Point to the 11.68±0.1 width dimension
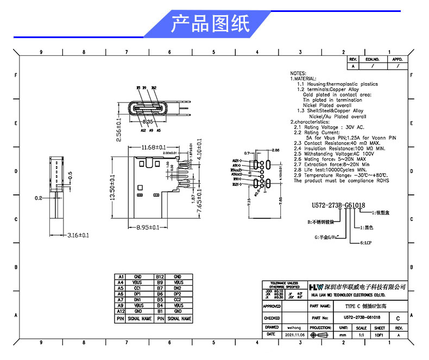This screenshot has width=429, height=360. click(x=146, y=147)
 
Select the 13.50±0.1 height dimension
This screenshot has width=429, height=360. click(x=112, y=187)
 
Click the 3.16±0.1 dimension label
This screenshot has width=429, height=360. click(x=78, y=235)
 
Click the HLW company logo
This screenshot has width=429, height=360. click(x=316, y=286)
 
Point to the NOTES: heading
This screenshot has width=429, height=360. click(x=298, y=73)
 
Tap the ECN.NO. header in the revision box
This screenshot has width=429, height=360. click(x=372, y=59)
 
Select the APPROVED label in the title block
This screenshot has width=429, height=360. click(x=272, y=307)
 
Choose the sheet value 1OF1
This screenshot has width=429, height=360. click(x=380, y=335)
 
